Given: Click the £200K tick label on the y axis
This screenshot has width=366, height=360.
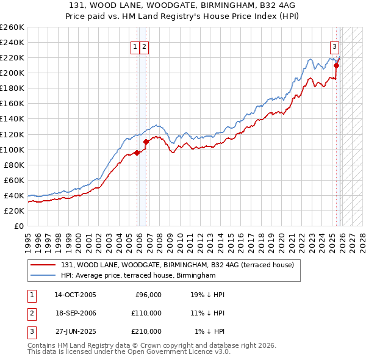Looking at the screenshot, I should (x=12, y=73).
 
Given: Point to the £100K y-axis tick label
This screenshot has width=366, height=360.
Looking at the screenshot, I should (x=12, y=149).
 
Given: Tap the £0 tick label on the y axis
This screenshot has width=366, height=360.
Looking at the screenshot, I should (x=18, y=226).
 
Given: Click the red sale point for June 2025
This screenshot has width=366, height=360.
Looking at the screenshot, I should (x=336, y=65).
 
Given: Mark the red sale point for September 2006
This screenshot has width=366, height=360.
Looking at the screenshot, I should (x=145, y=142).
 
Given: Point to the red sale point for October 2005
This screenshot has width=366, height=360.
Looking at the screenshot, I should (x=137, y=153).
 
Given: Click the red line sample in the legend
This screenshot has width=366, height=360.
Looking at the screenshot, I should (x=44, y=265).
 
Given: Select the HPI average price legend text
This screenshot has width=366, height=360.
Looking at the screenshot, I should (x=138, y=275).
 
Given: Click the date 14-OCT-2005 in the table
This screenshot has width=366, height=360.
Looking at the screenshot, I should (x=75, y=295).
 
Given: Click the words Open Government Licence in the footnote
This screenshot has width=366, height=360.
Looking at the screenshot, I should (x=178, y=351).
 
